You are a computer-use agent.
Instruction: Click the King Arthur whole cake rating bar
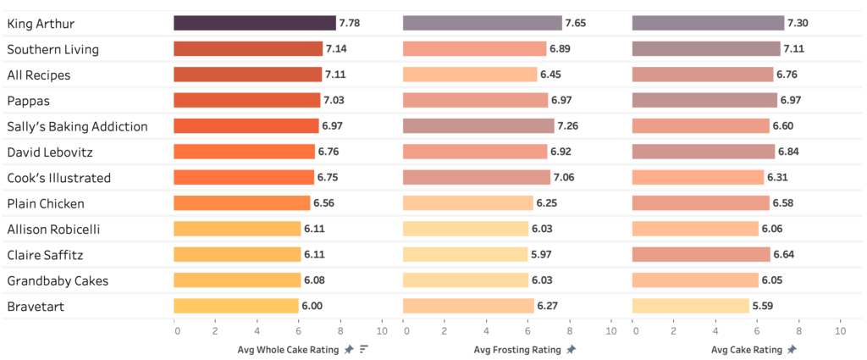(254, 23)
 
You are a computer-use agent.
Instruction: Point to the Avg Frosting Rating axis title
(517, 349)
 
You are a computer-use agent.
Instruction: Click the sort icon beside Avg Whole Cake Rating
(364, 349)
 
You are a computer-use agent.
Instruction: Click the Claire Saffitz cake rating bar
(700, 255)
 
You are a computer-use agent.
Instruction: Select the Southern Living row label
(52, 49)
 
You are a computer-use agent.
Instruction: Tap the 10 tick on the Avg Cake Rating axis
(840, 330)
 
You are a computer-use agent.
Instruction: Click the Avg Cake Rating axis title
(746, 349)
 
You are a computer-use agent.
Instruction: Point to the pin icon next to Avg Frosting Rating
(572, 349)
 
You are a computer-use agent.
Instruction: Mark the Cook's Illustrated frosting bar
(476, 178)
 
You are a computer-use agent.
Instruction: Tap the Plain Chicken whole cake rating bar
(241, 203)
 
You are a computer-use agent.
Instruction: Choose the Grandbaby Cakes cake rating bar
(694, 280)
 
